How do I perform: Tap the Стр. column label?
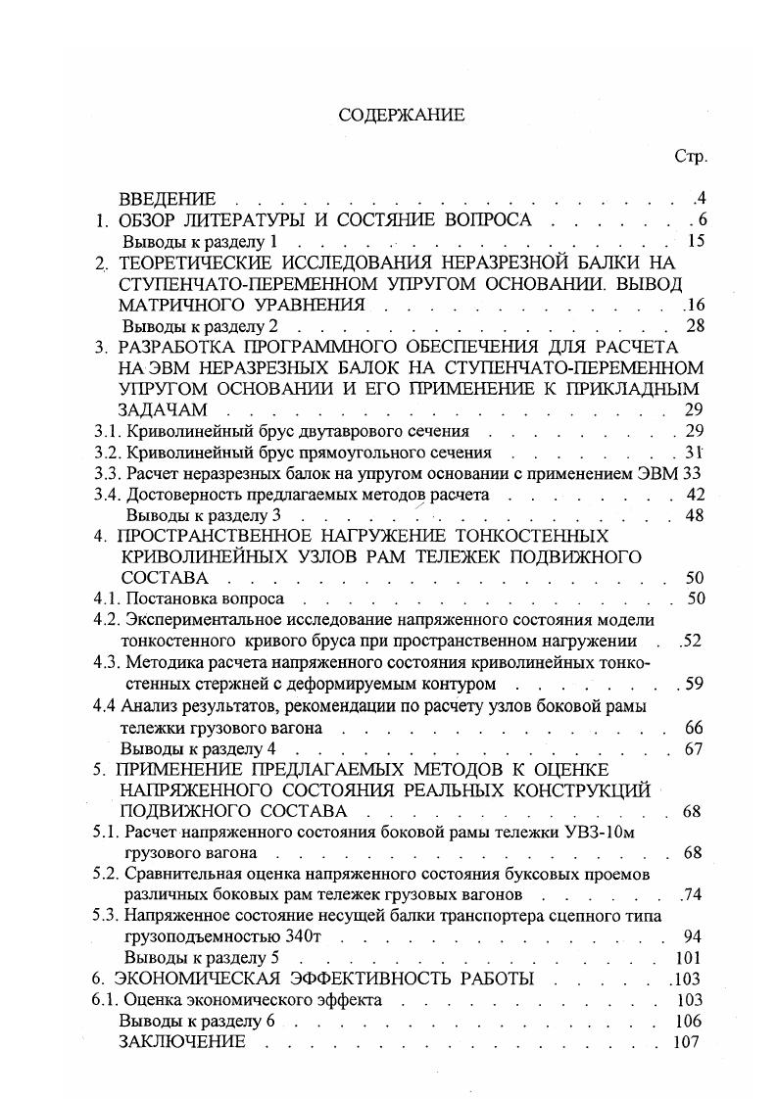[691, 157]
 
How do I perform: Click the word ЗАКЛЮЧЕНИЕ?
[181, 1041]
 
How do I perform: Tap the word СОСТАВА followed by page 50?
[163, 578]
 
